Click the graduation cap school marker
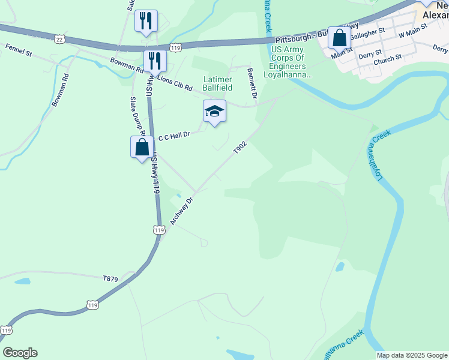point(214,111)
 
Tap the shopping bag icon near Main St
point(339,38)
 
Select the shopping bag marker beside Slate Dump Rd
point(142,147)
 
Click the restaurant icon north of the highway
point(146,21)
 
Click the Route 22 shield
point(59,39)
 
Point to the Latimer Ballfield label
point(217,83)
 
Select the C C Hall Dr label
point(173,136)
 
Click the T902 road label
point(240,148)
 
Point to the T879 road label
point(110,278)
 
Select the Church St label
point(387,60)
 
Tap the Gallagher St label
point(367,35)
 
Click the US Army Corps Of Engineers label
point(292,62)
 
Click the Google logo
point(20,353)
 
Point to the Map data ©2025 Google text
point(412,355)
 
